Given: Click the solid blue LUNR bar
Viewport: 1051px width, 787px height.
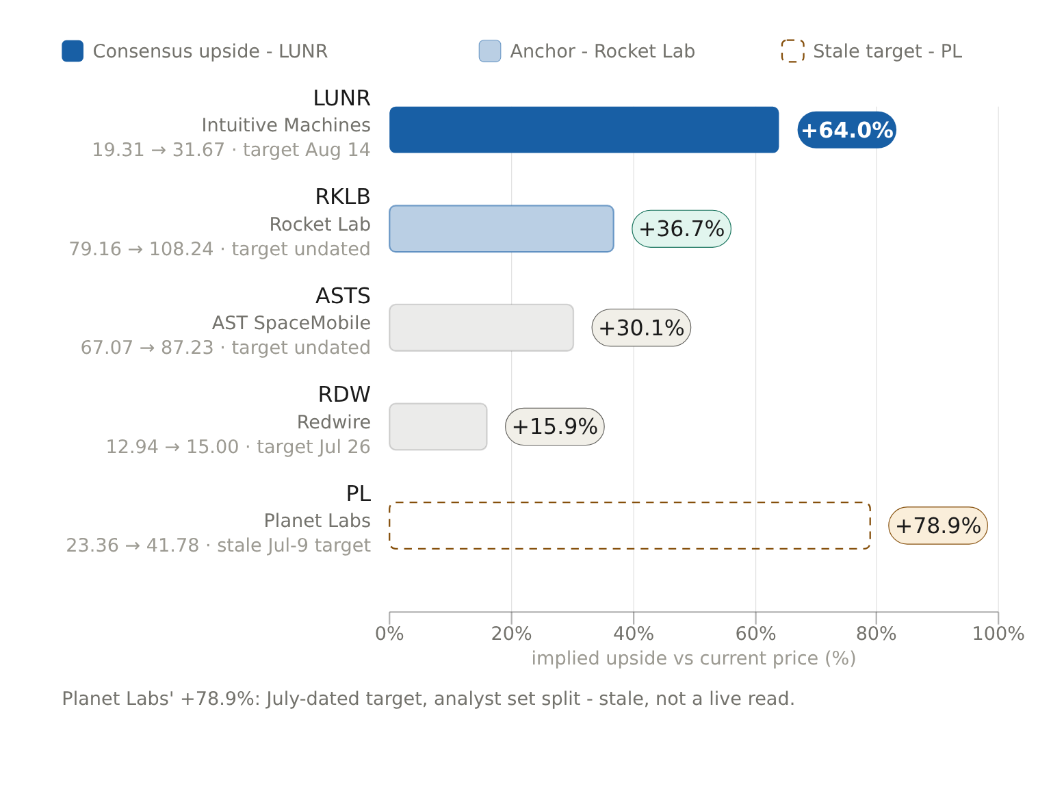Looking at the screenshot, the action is coord(584,130).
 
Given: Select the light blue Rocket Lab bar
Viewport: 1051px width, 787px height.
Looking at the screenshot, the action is coord(502,229).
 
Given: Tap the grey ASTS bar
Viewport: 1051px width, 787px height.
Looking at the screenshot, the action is coord(481,328).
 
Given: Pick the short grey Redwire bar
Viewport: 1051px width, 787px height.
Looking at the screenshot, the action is coord(438,426).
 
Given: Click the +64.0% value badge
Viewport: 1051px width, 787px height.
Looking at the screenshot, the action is coord(846,130).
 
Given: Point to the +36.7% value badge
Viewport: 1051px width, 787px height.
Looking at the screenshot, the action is coord(682,229).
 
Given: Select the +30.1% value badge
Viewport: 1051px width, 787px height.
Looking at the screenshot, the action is coord(641,328).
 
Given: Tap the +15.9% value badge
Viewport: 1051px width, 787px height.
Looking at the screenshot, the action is coord(554,426).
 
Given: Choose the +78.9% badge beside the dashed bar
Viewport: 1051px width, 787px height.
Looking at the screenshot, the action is coord(938,526).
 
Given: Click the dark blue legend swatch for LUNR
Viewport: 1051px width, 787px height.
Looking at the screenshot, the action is coord(73,51).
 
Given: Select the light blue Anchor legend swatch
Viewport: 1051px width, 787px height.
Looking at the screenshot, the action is coord(490,51).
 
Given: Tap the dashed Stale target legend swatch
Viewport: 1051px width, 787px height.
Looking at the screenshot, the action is coord(792,51).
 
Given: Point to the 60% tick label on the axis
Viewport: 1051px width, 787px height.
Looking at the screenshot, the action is coord(755,634).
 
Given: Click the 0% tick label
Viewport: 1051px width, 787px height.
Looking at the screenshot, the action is coord(389,634).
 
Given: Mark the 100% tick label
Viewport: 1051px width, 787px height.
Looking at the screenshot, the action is coord(998,634).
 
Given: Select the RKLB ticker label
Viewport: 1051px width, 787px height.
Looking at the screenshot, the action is coord(343,197).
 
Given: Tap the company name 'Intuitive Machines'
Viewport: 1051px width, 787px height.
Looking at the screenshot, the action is coord(286,125).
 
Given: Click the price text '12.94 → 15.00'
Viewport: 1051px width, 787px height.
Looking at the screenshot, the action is coord(172,447).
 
